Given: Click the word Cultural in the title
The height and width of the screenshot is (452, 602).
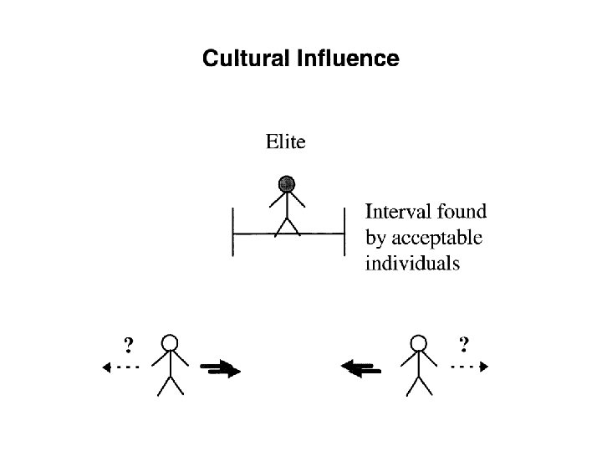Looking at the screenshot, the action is pos(245,59).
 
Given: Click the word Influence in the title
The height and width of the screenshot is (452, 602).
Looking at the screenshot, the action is pos(346,59).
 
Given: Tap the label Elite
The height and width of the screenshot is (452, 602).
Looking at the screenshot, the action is pos(285,141).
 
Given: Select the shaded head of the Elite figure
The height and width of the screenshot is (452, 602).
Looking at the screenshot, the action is pos(288,183).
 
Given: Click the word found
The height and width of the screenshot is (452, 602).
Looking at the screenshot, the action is pos(462,212).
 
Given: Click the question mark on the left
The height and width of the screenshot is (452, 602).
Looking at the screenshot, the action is pos(128,343).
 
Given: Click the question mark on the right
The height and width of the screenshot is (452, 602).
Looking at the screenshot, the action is pos(464,343).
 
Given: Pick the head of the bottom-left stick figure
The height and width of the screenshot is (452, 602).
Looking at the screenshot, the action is pos(171,343).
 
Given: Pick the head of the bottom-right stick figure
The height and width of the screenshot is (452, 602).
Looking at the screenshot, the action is pos(418,343).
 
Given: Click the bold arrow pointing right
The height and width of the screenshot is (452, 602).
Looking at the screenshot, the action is pos(221,367).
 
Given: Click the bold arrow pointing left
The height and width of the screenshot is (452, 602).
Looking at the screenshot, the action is pos(362,367).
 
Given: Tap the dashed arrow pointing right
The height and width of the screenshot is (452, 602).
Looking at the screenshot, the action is pos(470,367).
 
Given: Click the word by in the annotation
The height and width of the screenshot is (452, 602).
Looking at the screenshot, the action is pos(376,239).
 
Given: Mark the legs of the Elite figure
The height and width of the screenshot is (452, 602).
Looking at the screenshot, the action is pos(288,226).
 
